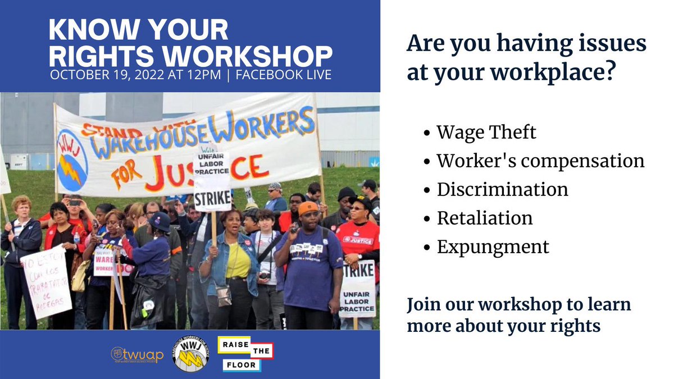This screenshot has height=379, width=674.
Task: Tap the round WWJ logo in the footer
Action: click(x=189, y=354)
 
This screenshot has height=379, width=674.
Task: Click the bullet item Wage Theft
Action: click(x=486, y=133)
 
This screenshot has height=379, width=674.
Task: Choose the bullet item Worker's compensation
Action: click(x=540, y=161)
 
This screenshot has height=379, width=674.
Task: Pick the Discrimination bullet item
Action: click(x=502, y=189)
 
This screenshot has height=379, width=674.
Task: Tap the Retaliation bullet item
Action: click(x=485, y=218)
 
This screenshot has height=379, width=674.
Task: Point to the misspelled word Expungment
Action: click(x=493, y=246)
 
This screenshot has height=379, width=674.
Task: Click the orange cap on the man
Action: click(x=308, y=208)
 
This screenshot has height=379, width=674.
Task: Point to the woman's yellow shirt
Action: click(x=238, y=260)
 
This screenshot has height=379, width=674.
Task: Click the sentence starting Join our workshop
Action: click(x=519, y=315)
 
